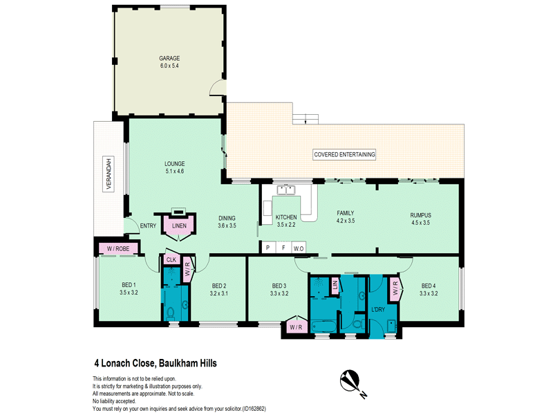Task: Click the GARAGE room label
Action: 169,58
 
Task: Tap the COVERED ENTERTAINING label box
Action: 344,154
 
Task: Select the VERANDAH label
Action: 109,174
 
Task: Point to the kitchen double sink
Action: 286,190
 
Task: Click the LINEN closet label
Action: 179,226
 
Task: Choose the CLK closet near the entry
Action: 171,260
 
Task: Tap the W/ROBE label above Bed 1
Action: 118,249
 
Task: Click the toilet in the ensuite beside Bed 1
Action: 171,313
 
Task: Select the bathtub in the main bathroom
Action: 324,326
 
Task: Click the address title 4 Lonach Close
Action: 156,363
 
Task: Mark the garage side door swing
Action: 217,88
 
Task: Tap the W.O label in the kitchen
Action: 299,248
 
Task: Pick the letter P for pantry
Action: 268,248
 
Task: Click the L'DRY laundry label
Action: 378,309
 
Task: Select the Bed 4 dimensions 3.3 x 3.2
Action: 429,293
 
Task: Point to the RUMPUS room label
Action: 420,215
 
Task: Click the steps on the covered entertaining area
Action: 306,119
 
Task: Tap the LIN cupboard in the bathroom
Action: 335,284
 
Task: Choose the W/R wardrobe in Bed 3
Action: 297,326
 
